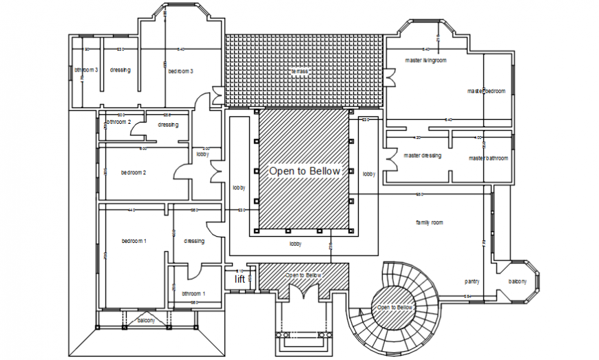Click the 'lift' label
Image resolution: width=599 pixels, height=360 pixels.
coord(240,279)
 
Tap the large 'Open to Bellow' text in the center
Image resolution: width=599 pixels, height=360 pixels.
coord(304,171)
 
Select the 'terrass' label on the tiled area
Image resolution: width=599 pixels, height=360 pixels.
coord(299,71)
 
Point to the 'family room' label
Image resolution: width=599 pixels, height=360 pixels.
coord(429,222)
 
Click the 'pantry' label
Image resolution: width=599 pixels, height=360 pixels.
coord(472,281)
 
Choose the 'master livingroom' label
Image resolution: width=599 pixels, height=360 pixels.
coord(425,61)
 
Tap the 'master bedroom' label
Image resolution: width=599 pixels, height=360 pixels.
coord(487,91)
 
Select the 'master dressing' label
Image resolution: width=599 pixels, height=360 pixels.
coord(422,156)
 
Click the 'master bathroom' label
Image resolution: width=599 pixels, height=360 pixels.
coord(488,158)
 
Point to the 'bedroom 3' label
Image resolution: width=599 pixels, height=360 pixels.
coord(180,71)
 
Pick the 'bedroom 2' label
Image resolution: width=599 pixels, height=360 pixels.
coord(133,172)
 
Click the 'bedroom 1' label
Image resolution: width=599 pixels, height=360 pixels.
coord(134,240)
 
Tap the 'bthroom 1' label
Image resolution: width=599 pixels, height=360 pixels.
coord(193,294)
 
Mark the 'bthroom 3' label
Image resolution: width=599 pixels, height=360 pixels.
coord(87,70)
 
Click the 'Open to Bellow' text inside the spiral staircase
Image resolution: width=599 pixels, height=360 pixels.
coord(395,307)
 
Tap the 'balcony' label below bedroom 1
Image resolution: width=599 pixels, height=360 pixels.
coord(146,321)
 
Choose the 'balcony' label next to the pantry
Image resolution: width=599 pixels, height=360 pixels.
coord(518,281)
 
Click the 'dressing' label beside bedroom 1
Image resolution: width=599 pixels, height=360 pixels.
coord(194,241)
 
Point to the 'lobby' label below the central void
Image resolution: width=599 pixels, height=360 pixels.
coord(295,244)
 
